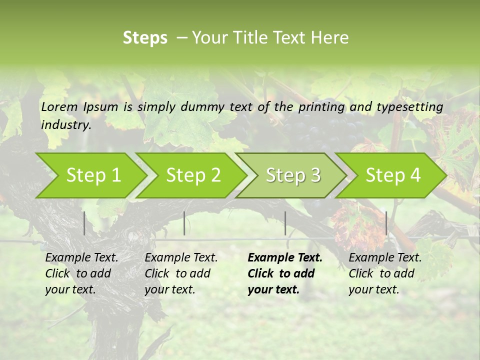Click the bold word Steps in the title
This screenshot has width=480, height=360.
click(145, 38)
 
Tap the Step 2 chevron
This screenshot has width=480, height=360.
click(193, 175)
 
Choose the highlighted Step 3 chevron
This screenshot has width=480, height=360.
click(293, 175)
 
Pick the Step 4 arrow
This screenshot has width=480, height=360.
click(393, 175)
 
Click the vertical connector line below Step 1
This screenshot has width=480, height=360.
click(84, 223)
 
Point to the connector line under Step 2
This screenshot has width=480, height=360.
click(184, 223)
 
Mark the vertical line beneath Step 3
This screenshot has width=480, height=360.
click(285, 223)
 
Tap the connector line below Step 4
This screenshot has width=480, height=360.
click(386, 223)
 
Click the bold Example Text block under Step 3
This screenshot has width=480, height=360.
click(285, 273)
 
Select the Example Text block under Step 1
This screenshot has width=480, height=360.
click(81, 273)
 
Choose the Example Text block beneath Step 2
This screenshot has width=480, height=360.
click(181, 273)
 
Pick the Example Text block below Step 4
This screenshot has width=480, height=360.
click(385, 273)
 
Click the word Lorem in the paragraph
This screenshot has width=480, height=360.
click(59, 106)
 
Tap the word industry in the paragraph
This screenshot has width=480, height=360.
click(66, 125)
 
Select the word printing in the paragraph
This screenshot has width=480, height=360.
click(321, 107)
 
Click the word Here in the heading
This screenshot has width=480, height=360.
click(331, 38)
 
